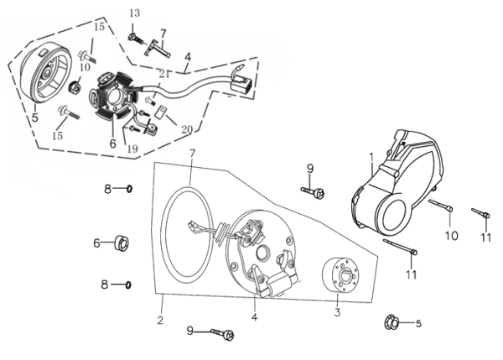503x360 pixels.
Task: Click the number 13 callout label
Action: click(x=135, y=15)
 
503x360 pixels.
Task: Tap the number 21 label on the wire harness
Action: click(x=165, y=76)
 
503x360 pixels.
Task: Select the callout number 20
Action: click(x=186, y=130)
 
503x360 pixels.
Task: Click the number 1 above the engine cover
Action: click(x=370, y=156)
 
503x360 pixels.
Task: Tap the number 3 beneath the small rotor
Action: click(x=337, y=313)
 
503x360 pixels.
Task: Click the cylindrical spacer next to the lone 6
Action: click(x=122, y=244)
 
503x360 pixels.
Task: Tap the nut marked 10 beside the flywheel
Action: click(x=75, y=87)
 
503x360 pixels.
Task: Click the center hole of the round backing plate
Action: click(x=262, y=253)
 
